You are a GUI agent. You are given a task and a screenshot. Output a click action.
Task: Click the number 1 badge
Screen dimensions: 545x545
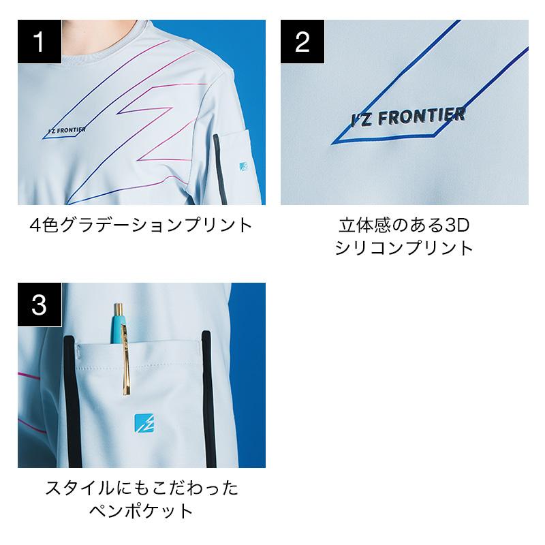click(40, 42)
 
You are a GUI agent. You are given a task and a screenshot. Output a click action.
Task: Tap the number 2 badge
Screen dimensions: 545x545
click(302, 42)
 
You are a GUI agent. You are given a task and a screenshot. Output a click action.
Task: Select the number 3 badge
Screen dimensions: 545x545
click(40, 305)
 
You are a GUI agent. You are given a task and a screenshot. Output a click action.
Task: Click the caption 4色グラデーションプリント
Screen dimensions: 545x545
click(141, 225)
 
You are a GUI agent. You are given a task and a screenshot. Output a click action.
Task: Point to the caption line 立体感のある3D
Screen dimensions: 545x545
click(404, 225)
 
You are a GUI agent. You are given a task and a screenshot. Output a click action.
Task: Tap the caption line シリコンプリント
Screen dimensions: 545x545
click(404, 248)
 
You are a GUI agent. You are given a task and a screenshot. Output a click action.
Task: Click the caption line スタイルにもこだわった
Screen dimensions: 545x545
click(142, 488)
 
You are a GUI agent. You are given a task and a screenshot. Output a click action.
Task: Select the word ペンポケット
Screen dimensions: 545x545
click(141, 511)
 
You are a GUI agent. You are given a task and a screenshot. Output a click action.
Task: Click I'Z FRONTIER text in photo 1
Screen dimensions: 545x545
click(67, 131)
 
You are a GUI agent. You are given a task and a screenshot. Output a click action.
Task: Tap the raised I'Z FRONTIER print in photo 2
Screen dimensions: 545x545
click(408, 116)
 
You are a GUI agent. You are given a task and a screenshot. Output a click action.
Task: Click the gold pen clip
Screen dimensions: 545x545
click(126, 360)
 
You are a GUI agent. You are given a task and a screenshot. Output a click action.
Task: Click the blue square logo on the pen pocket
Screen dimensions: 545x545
click(144, 423)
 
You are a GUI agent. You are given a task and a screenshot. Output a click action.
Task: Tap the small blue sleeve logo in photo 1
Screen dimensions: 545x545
click(244, 166)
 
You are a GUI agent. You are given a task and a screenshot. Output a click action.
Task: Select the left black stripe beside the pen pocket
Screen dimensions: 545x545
click(72, 401)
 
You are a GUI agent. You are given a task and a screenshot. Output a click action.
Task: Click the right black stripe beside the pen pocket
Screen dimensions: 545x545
click(208, 399)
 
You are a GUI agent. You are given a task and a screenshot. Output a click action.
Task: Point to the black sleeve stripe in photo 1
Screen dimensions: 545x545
click(220, 169)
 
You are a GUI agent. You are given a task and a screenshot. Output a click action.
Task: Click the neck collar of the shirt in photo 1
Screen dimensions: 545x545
click(104, 52)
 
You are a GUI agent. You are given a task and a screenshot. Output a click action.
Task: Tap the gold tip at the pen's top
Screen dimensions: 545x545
click(119, 309)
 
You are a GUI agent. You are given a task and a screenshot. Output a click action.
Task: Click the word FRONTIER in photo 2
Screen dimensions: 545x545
click(422, 116)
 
